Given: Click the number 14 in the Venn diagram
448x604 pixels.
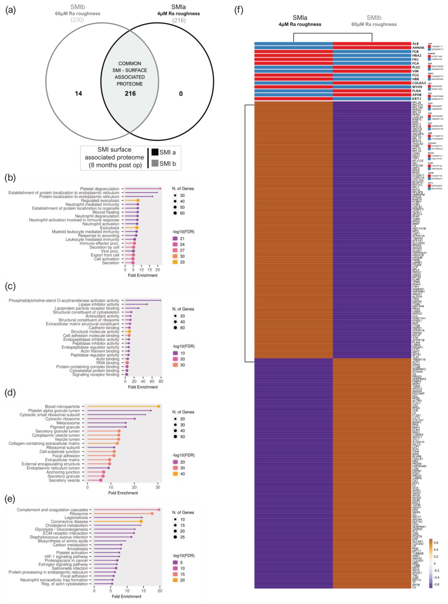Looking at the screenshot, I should (x=78, y=94).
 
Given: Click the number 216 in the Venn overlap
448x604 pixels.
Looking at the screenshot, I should (x=130, y=94).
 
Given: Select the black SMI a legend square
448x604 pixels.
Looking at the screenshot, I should (x=155, y=152).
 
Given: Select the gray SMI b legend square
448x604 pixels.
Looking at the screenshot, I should (x=155, y=163).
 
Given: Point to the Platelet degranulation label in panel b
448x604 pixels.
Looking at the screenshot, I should (x=100, y=189).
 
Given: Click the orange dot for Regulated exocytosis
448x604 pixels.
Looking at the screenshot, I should (x=138, y=200).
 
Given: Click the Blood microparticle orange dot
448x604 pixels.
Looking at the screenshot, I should (x=159, y=406).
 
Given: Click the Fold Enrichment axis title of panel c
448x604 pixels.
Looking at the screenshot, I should (x=143, y=387).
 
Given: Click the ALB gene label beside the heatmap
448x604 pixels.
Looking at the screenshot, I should (x=415, y=44).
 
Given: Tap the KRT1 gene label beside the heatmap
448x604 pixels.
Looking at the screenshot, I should (x=416, y=99).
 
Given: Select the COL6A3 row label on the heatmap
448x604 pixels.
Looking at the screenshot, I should (x=419, y=83).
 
